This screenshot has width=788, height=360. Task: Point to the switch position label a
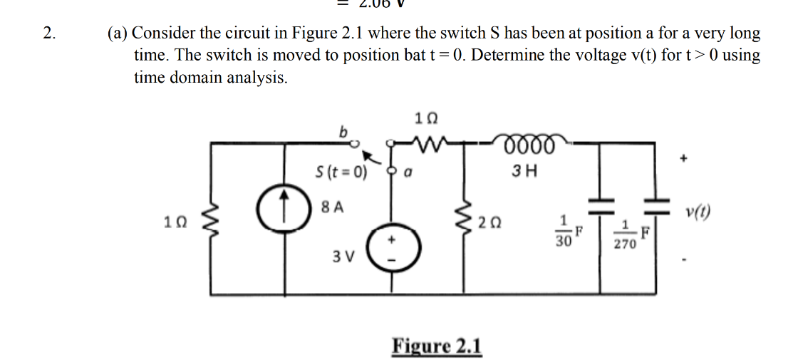(411, 172)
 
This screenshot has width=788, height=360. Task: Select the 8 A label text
(332, 207)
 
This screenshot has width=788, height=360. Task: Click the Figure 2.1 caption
(437, 346)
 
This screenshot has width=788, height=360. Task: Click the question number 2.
(48, 33)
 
